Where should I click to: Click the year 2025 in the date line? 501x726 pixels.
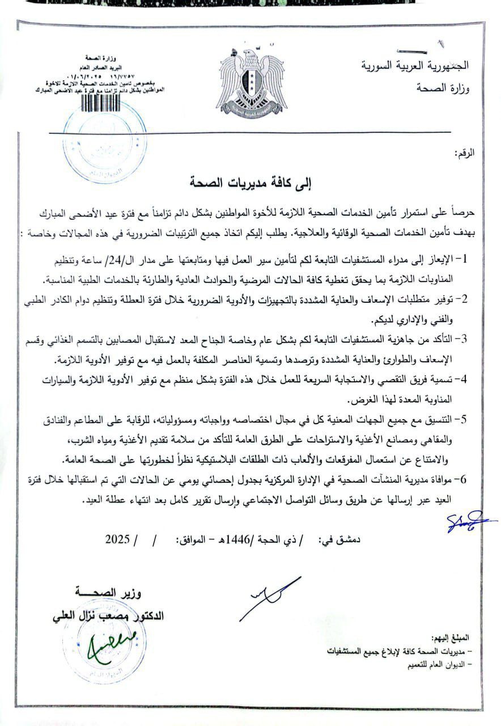[x=118, y=539]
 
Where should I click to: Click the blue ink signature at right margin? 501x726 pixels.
[x=470, y=521]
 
